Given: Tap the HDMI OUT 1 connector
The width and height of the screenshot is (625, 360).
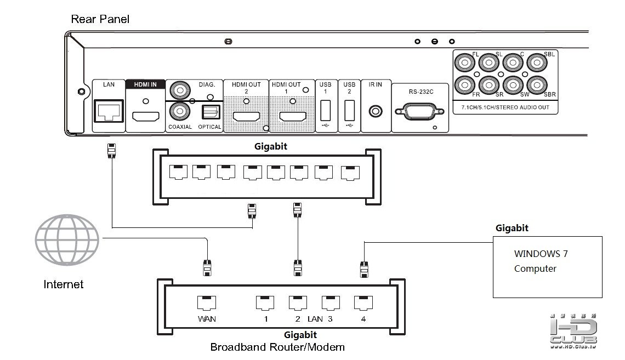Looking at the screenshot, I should (293, 116).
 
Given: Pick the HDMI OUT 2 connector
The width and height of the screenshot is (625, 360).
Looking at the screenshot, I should (246, 116).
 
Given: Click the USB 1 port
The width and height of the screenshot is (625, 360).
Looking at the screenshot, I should (325, 112).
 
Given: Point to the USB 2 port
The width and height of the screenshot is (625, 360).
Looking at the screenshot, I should (349, 112).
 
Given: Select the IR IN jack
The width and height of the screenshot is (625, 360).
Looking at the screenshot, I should (376, 111).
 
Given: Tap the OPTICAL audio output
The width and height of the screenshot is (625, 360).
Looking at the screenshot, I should (210, 112).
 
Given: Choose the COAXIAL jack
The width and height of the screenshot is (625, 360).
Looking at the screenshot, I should (179, 111).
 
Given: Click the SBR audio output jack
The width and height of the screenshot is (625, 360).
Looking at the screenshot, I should (536, 86).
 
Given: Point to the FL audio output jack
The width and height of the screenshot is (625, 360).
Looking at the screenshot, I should (465, 64).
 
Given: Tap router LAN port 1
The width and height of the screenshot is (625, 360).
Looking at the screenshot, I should (265, 303).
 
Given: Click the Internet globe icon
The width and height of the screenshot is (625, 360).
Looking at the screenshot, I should (67, 240).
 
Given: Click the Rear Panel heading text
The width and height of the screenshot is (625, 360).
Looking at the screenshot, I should (100, 20).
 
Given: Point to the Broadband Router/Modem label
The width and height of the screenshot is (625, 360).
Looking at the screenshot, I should (277, 347).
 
